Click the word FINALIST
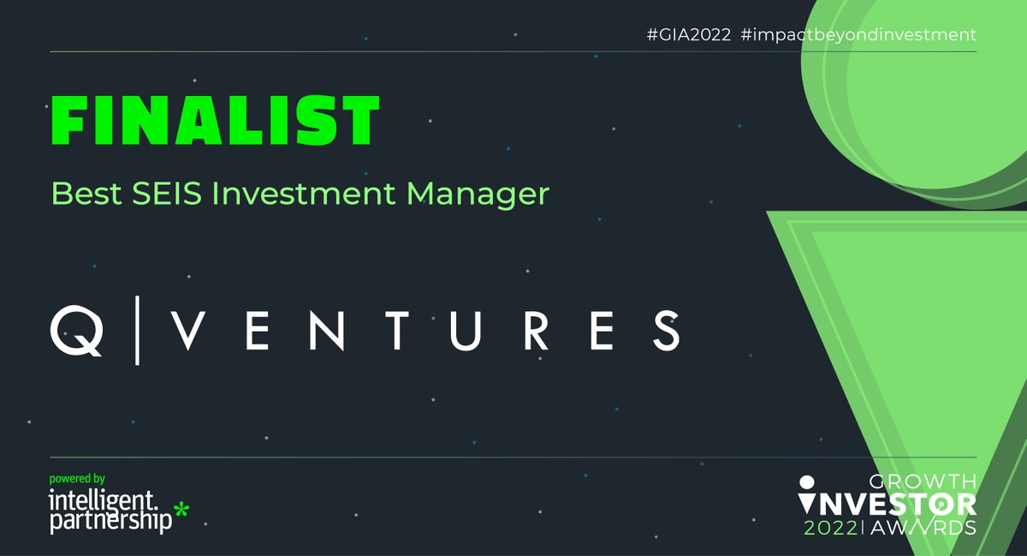215,120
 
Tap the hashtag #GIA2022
689,35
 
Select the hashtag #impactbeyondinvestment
858,35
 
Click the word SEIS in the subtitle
167,194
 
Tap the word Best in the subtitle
86,194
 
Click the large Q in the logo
76,331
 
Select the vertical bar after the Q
137,331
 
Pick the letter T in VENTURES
396,331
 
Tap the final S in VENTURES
667,331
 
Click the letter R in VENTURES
537,331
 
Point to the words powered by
77,479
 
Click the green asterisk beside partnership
181,510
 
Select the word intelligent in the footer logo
103,500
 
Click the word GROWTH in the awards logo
923,482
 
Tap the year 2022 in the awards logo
831,528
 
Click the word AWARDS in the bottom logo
923,528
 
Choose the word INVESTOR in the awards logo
887,504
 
